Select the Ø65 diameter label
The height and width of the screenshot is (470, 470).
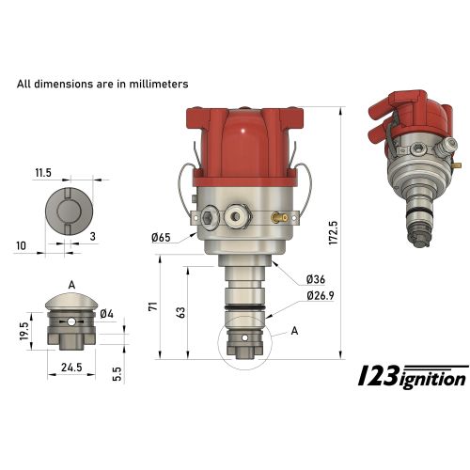pyautogui.click(x=161, y=236)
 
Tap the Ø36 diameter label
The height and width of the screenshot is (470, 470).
pyautogui.click(x=316, y=279)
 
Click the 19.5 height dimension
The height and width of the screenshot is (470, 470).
pyautogui.click(x=20, y=332)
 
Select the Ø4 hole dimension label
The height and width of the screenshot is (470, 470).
pyautogui.click(x=106, y=313)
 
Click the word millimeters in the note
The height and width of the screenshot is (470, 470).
pyautogui.click(x=155, y=84)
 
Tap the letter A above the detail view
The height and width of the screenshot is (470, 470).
pyautogui.click(x=71, y=282)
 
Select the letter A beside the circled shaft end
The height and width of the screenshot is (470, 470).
pyautogui.click(x=295, y=330)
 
